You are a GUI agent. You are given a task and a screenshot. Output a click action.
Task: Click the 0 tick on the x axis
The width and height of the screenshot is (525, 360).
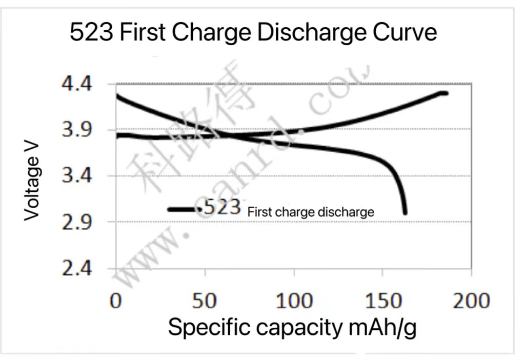point(116,301)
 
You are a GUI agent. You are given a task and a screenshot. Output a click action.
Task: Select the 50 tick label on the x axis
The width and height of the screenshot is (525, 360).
point(205,301)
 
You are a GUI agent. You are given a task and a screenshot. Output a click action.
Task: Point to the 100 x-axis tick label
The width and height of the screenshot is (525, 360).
point(294,301)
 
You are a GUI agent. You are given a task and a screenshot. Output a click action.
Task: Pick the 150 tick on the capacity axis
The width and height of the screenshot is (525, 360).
point(382,301)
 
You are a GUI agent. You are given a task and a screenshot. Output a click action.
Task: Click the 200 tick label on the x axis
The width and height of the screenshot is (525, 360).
point(471,301)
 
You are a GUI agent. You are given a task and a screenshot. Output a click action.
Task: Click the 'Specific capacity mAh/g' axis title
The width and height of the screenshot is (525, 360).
point(292,327)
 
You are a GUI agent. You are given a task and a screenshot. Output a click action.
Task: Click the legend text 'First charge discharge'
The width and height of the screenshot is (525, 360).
point(311,212)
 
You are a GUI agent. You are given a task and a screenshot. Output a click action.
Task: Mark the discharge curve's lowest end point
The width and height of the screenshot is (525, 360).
point(405,213)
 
